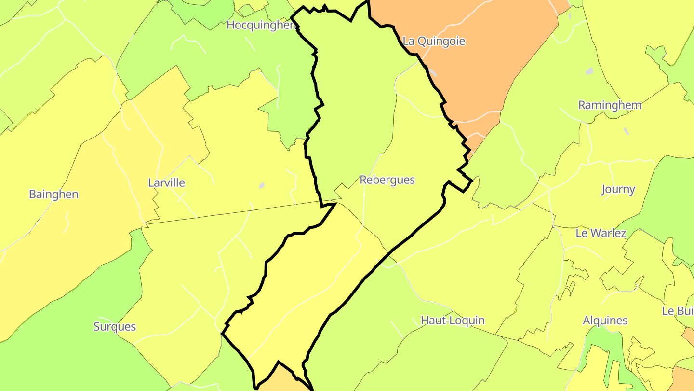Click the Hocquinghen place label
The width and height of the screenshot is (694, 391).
pyautogui.click(x=261, y=25)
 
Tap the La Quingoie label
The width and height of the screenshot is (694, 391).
pyautogui.click(x=434, y=41)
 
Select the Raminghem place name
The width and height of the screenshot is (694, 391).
pyautogui.click(x=610, y=105)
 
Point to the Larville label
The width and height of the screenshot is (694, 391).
pyautogui.click(x=166, y=183)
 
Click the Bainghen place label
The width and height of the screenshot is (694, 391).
pyautogui.click(x=53, y=195)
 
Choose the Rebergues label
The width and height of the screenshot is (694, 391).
pyautogui.click(x=387, y=180)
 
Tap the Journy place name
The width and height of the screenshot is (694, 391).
pyautogui.click(x=618, y=189)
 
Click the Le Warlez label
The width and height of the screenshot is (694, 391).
pyautogui.click(x=601, y=233)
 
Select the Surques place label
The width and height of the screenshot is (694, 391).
pyautogui.click(x=115, y=327)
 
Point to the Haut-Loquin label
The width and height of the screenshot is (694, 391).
pyautogui.click(x=453, y=321)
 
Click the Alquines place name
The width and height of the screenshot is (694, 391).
pyautogui.click(x=605, y=321)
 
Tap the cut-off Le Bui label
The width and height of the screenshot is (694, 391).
pyautogui.click(x=678, y=311)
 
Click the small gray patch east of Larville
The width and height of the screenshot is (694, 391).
pyautogui.click(x=262, y=185)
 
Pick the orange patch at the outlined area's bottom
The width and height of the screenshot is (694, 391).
pyautogui.click(x=280, y=379)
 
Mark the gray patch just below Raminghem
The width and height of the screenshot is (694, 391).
pyautogui.click(x=626, y=131)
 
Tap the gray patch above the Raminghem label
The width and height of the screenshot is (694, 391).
pyautogui.click(x=589, y=71)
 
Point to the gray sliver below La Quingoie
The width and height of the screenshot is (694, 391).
pyautogui.click(x=433, y=72)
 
